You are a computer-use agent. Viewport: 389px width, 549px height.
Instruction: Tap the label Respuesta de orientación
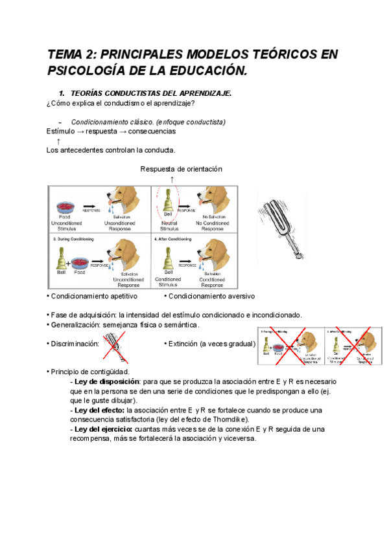[x=181, y=169]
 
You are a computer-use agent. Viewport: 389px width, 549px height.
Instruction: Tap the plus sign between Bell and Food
[x=68, y=263]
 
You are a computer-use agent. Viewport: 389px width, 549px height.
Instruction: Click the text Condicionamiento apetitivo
[x=93, y=297]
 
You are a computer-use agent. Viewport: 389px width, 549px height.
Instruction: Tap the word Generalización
[x=75, y=324]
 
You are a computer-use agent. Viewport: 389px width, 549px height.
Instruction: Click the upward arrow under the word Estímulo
[x=58, y=141]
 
